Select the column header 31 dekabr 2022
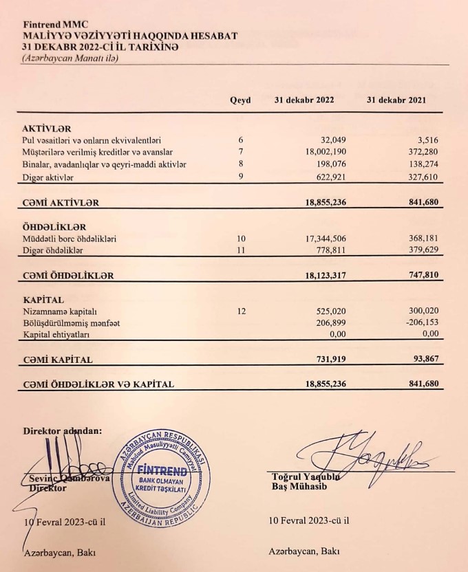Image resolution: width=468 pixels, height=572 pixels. (304, 100)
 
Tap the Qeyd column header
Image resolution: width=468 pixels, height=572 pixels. (240, 100)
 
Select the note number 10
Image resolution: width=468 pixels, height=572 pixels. (241, 239)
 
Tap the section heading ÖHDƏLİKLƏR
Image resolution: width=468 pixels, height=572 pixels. (55, 227)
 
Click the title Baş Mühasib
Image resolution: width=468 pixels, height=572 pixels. (297, 487)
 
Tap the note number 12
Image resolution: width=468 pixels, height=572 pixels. (241, 311)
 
